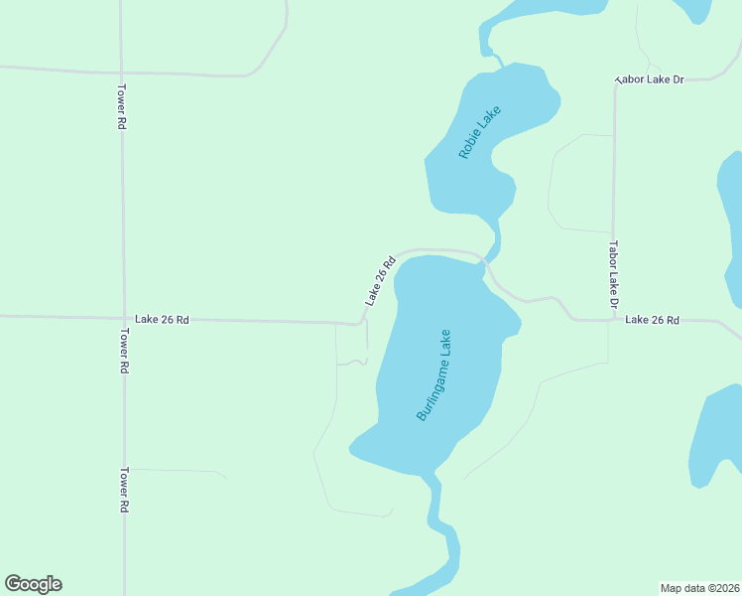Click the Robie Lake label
(x=481, y=132)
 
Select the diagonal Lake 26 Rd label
(x=380, y=280)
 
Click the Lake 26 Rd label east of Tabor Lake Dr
(x=652, y=320)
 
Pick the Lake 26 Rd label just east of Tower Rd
(x=162, y=320)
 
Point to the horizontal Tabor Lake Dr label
(x=651, y=78)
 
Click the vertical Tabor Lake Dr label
(x=614, y=274)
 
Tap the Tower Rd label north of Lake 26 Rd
(x=122, y=106)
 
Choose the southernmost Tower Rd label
(x=125, y=490)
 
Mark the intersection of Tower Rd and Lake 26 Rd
(x=122, y=319)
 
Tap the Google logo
(x=33, y=584)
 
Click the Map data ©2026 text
(x=699, y=587)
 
